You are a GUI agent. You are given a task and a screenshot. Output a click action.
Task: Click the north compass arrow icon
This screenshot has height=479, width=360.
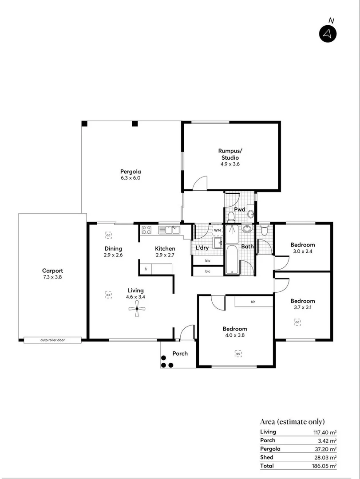328,34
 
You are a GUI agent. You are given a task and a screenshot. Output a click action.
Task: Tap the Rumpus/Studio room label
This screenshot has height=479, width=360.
229,154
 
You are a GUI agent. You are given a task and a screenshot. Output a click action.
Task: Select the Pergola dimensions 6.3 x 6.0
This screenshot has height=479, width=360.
131,178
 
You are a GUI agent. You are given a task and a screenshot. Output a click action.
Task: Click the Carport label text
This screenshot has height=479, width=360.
52,271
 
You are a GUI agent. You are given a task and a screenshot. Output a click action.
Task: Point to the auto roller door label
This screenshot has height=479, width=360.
52,340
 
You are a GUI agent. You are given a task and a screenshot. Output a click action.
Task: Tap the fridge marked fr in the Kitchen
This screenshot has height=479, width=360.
146,269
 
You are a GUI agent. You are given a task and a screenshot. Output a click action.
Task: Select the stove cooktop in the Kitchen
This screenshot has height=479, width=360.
147,230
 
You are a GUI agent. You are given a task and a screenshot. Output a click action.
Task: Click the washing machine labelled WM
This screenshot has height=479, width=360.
217,231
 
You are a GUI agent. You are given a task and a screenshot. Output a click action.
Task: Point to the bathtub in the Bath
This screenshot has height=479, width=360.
232,251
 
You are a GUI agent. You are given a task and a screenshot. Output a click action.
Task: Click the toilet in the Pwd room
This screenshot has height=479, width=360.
231,216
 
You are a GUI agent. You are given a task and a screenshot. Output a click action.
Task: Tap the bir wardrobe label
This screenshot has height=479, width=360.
253,302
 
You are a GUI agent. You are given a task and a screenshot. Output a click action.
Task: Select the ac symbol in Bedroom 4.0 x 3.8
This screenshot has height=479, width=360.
238,353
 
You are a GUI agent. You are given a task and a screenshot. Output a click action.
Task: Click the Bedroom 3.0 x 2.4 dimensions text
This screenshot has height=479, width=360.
302,251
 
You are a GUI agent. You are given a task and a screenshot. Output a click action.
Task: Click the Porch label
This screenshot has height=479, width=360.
180,353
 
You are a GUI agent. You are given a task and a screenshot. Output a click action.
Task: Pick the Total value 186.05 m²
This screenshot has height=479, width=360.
324,466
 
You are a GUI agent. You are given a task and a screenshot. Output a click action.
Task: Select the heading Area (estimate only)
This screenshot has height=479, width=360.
292,421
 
